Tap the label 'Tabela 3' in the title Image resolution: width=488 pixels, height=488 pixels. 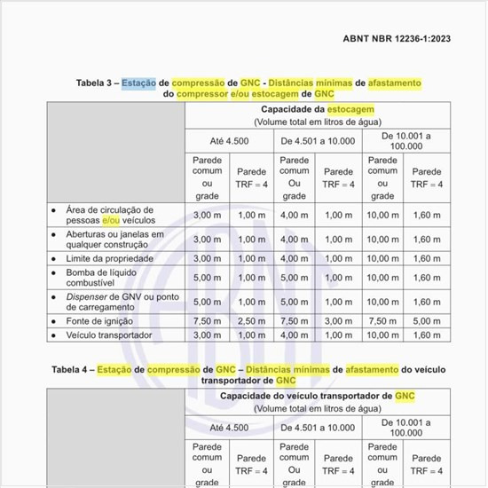[x=96, y=83]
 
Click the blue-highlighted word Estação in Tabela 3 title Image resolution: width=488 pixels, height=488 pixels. [x=138, y=83]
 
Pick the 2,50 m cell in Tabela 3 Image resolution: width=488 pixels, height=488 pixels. [x=251, y=320]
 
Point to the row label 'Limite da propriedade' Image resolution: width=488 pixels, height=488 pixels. [x=109, y=258]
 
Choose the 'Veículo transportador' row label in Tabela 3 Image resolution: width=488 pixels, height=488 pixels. [x=109, y=335]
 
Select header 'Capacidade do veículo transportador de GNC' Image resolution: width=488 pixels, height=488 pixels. [x=318, y=396]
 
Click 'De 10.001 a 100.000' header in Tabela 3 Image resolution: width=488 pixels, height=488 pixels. [x=405, y=140]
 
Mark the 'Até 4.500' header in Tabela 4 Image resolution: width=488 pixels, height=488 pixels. [x=229, y=427]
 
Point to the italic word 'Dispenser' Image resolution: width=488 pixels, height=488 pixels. [x=86, y=296]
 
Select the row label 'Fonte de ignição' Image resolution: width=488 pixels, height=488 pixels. [x=99, y=320]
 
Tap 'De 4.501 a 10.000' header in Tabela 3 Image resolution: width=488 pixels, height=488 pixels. [x=318, y=140]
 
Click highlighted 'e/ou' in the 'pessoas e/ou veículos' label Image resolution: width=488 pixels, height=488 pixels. [x=111, y=220]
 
